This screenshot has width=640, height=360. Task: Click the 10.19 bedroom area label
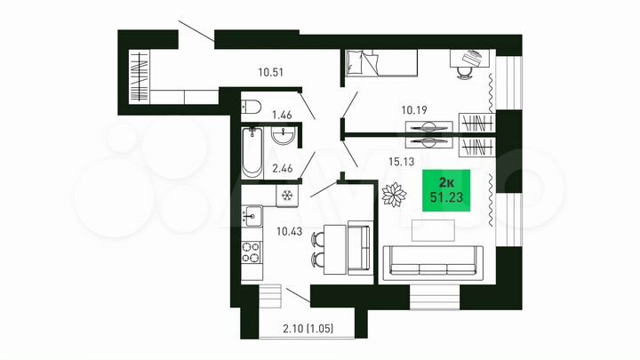pos(415,110)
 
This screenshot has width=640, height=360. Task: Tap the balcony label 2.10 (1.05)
pos(303,332)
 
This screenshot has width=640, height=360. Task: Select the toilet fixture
pos(252,108)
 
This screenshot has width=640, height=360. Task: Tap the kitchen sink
pos(252,213)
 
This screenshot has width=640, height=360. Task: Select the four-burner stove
pos(252,252)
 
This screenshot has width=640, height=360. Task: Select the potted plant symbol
pos(392,195)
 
